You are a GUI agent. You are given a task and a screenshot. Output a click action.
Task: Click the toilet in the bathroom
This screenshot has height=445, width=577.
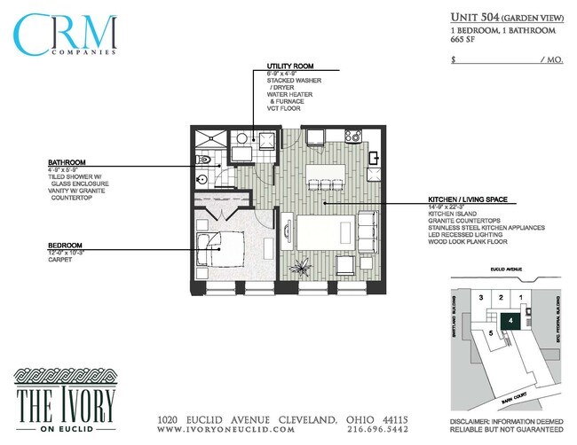(203, 160)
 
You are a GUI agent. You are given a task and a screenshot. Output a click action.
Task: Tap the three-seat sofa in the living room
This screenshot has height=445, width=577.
(366, 231)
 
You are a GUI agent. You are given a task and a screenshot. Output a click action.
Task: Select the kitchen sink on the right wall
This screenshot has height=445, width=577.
(374, 159)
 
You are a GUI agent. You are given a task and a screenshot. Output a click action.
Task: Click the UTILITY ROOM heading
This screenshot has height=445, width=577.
(290, 66)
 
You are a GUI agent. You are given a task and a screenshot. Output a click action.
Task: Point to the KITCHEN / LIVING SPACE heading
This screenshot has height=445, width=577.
(467, 199)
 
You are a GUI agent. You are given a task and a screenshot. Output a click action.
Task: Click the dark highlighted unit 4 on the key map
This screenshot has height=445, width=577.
(510, 321)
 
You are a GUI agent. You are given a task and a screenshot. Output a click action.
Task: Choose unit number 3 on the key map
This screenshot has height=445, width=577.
(481, 297)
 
